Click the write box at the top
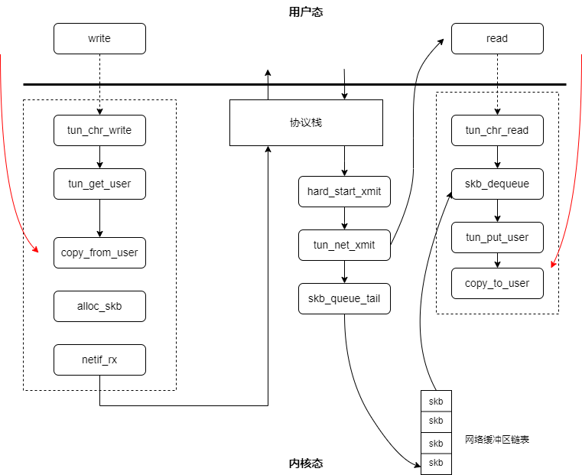pyautogui.click(x=99, y=38)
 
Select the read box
pyautogui.click(x=497, y=38)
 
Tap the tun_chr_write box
pyautogui.click(x=99, y=130)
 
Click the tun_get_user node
pyautogui.click(x=99, y=184)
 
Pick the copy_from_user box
pyautogui.click(x=99, y=252)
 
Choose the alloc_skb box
pyautogui.click(x=99, y=306)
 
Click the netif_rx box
pyautogui.click(x=99, y=360)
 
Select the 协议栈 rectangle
pyautogui.click(x=306, y=123)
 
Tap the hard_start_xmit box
pyautogui.click(x=344, y=191)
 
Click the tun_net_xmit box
pyautogui.click(x=344, y=245)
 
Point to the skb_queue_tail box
pyautogui.click(x=344, y=299)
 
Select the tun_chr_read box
pyautogui.click(x=497, y=130)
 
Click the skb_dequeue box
pyautogui.click(x=497, y=184)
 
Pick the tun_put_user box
pyautogui.click(x=497, y=237)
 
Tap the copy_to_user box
pyautogui.click(x=497, y=284)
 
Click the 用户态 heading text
pyautogui.click(x=306, y=12)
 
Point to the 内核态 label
pyautogui.click(x=306, y=463)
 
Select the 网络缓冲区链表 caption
pyautogui.click(x=497, y=440)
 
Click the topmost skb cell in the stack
pyautogui.click(x=436, y=401)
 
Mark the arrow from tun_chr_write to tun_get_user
pyautogui.click(x=99, y=157)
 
